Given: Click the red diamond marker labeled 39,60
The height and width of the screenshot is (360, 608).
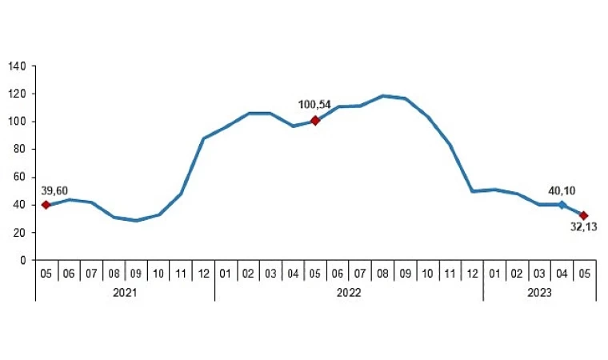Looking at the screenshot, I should (x=46, y=205).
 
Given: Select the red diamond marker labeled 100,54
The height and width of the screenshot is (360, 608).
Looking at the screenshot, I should (x=315, y=121).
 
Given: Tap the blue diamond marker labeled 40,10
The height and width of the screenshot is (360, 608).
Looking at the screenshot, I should (x=562, y=205).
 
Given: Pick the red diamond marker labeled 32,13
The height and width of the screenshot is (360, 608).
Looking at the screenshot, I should (x=584, y=215).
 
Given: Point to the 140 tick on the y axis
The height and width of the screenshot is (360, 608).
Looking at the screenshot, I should (x=18, y=66).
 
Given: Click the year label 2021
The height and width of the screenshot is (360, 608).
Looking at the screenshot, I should (x=125, y=293).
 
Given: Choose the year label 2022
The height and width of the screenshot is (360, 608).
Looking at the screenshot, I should (x=349, y=293).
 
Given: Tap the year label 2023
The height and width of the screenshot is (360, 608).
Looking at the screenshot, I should (x=539, y=293).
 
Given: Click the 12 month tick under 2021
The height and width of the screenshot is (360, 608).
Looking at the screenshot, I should (x=203, y=274).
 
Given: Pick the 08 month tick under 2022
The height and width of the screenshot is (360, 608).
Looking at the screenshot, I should (x=382, y=274).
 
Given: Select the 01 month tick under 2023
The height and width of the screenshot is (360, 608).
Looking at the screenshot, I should (x=494, y=274).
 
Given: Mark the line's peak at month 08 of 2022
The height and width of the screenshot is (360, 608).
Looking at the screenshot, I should (x=382, y=96).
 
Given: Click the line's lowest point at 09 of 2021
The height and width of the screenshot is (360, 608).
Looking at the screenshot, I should (x=136, y=221).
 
